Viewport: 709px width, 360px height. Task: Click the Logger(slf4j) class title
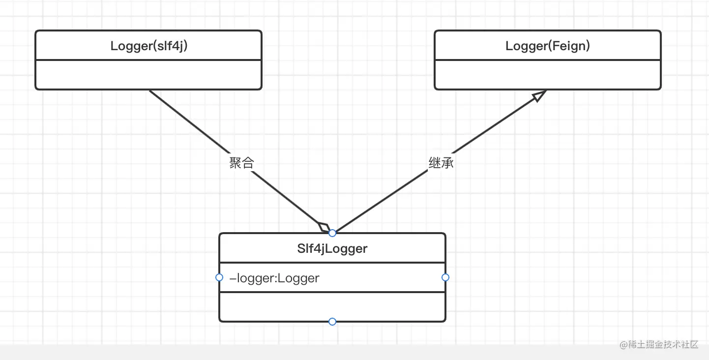coord(148,46)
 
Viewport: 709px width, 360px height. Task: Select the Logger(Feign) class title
coord(547,46)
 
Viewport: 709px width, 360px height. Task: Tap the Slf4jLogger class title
coord(332,249)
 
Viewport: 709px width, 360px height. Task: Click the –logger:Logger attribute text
coord(274,278)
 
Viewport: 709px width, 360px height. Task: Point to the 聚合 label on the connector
coord(241,163)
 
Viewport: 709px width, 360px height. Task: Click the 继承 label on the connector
coord(441,163)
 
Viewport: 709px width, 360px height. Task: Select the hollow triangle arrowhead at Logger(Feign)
coord(539,95)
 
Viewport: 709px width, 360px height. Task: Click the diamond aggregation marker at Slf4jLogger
coord(325,227)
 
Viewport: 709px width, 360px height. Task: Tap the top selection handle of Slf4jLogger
coord(332,233)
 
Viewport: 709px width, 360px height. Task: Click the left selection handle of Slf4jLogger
coord(219,277)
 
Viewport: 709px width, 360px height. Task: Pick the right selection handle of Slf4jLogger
coord(445,277)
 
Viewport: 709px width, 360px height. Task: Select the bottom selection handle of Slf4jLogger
coord(332,322)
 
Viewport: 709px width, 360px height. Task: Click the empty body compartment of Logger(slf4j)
coord(148,75)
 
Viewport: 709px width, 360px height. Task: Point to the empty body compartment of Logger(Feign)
coord(547,75)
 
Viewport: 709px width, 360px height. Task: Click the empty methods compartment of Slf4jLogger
coord(332,306)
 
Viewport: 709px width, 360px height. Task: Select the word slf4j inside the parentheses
coord(170,46)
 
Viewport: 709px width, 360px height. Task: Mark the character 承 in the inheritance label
coord(447,163)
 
